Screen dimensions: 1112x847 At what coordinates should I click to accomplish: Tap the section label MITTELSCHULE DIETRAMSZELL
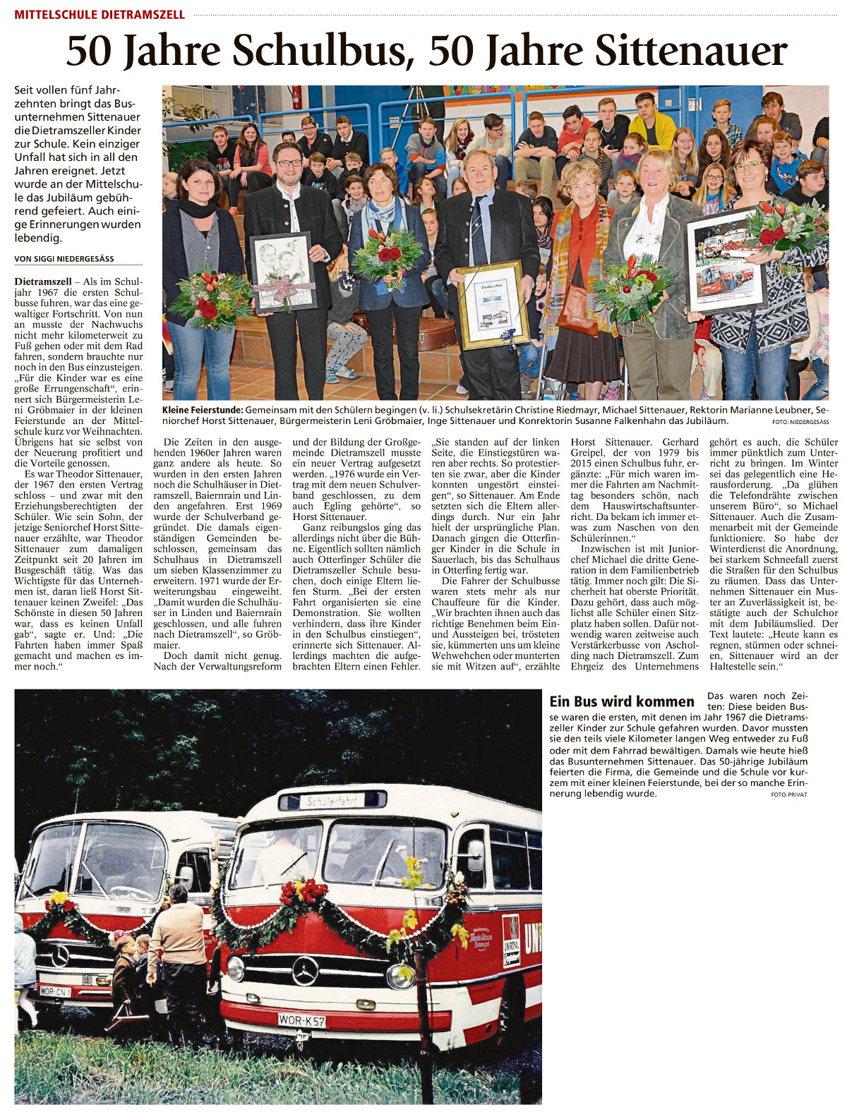pyautogui.click(x=100, y=14)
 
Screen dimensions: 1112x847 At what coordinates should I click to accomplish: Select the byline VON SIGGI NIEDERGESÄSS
pyautogui.click(x=64, y=259)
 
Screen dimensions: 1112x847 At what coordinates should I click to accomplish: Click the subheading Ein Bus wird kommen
pyautogui.click(x=622, y=701)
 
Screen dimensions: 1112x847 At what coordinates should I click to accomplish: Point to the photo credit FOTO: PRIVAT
pyautogui.click(x=789, y=794)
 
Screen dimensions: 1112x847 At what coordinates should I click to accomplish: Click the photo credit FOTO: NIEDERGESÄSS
pyautogui.click(x=800, y=422)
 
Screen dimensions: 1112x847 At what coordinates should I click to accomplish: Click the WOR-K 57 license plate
pyautogui.click(x=301, y=1020)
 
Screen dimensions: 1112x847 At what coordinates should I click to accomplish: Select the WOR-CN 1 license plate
pyautogui.click(x=54, y=992)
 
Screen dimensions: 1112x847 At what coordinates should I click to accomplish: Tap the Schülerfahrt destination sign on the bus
pyautogui.click(x=332, y=801)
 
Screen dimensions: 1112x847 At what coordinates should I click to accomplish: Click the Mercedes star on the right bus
pyautogui.click(x=305, y=972)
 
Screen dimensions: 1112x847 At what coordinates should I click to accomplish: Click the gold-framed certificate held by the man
pyautogui.click(x=492, y=304)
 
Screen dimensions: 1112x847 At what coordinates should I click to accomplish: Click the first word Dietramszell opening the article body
pyautogui.click(x=44, y=282)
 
